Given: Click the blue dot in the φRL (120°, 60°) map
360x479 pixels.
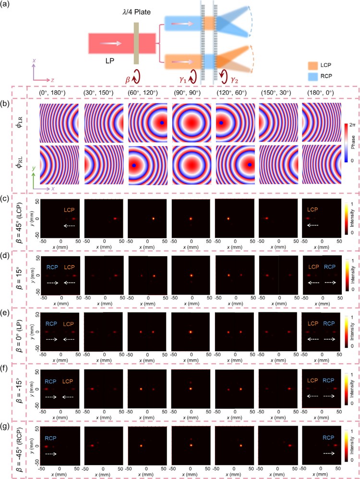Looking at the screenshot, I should click(251, 165).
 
